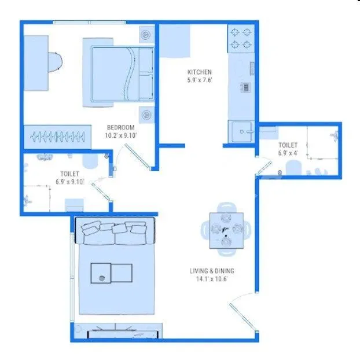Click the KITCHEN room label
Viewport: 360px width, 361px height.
click(200, 72)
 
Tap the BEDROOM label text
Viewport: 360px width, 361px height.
click(120, 127)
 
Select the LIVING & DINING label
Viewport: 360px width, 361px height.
click(212, 270)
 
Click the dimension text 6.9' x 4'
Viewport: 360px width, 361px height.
click(288, 153)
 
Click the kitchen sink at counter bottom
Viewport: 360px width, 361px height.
click(242, 131)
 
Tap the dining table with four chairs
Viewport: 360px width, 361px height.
click(225, 229)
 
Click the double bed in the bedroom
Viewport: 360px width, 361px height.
click(122, 72)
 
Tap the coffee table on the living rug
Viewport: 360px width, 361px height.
click(111, 273)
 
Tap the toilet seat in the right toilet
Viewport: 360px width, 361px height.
click(293, 168)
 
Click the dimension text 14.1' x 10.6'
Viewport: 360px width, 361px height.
click(212, 278)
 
